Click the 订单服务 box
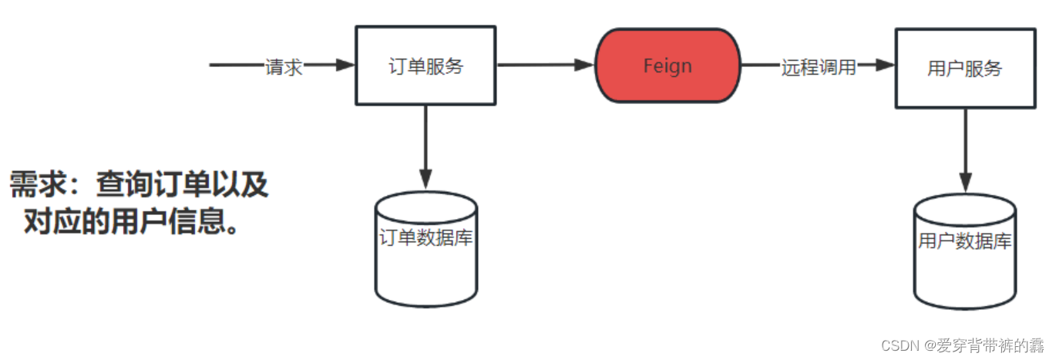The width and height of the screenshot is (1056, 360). [x=425, y=66]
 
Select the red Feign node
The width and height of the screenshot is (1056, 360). [x=668, y=66]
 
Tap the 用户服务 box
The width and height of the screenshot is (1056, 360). [x=964, y=68]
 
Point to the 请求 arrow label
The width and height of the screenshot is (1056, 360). [x=284, y=67]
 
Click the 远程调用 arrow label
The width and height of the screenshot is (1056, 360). [x=819, y=67]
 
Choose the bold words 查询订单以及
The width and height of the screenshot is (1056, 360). [x=182, y=186]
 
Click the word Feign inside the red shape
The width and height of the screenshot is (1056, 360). [x=668, y=66]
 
